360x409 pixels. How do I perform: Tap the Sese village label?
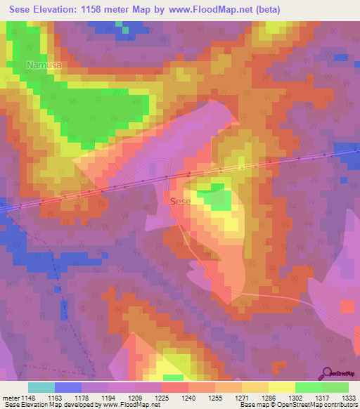coord(180,201)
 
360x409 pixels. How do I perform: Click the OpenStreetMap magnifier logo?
coord(326,372)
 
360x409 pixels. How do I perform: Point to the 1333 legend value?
coord(349,397)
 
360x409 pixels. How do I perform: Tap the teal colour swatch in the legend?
coord(41,387)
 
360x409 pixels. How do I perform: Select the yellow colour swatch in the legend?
coord(281,387)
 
